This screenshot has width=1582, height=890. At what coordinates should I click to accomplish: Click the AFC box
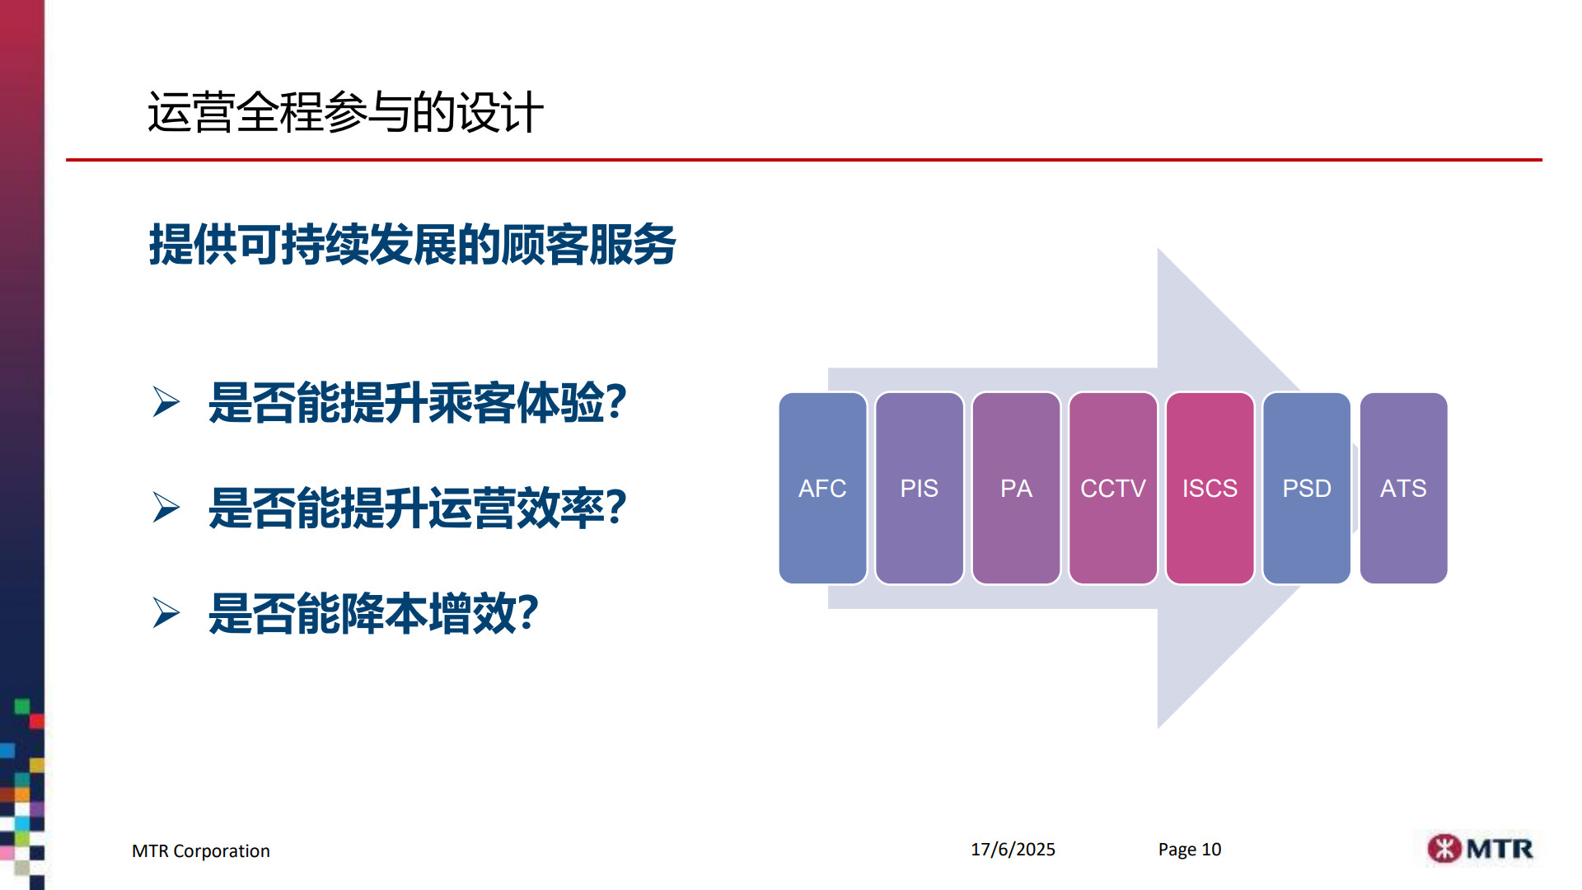pos(822,488)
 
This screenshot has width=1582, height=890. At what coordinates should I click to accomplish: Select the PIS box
pos(920,488)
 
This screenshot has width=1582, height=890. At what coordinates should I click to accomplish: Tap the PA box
pos(1016,488)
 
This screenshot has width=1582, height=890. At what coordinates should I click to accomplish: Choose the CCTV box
pos(1113,488)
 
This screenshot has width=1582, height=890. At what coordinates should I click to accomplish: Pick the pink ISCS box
pos(1210,488)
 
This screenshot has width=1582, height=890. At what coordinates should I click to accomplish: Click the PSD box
pos(1307,488)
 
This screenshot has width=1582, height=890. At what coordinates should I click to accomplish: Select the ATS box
pos(1403,488)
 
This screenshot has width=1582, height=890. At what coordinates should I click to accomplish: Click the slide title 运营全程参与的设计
pos(345,112)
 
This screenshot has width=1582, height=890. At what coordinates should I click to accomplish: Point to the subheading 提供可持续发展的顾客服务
pos(412,245)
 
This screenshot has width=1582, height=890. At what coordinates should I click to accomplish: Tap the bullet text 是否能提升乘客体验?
pos(417,403)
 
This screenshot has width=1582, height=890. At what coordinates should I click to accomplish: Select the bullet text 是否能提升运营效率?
pos(417,508)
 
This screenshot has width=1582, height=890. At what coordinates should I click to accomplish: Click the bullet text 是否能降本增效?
pos(373,614)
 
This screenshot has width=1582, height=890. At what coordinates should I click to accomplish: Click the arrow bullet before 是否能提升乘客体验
pos(166,402)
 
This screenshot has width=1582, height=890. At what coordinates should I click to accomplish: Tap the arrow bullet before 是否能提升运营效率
pos(166,508)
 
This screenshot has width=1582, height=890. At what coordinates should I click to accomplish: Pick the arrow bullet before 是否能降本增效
pos(166,613)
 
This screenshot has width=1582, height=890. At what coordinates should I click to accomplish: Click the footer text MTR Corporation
pos(201,851)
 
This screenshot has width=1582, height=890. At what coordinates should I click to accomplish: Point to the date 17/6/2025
pos(1013,850)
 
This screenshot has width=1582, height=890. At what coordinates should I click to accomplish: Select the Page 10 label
pos(1190,850)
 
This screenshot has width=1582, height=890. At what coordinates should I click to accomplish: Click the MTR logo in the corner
pos(1480,848)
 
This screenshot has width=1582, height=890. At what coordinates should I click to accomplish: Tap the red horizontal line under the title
pos(804,160)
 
